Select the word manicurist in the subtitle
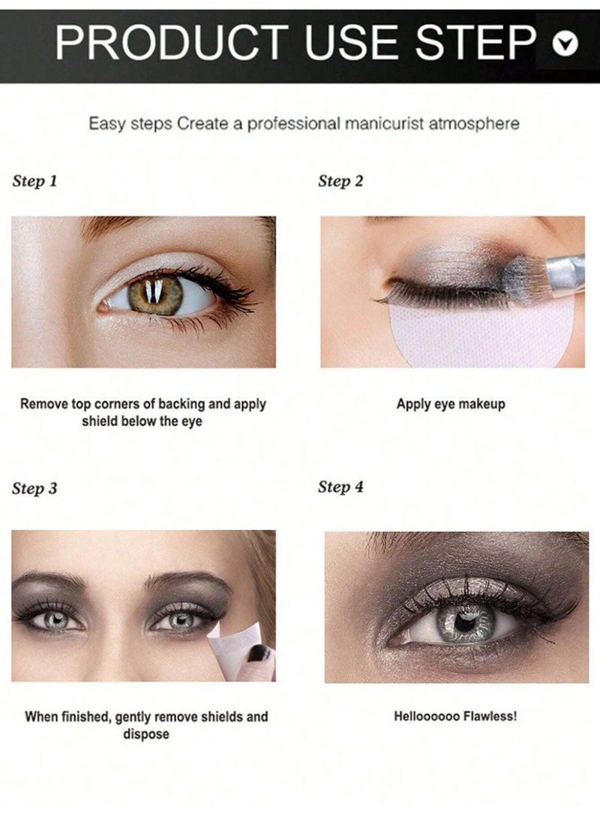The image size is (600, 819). point(383,125)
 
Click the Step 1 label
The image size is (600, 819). point(34,181)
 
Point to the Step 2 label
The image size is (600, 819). point(340,181)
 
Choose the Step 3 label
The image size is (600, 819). point(34,489)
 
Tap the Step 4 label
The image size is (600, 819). point(340,487)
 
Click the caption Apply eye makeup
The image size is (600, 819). point(451,404)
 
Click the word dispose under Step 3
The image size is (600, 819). point(146,734)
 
